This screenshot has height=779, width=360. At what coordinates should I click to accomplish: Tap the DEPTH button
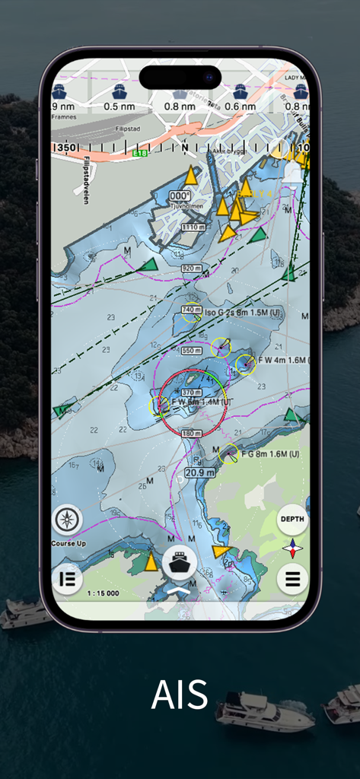[292, 519]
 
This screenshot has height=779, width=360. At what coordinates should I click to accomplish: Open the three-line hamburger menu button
[292, 579]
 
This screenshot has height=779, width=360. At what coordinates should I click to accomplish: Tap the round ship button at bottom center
[180, 562]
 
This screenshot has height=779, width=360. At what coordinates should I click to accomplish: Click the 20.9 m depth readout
[199, 472]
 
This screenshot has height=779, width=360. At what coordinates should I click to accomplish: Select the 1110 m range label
[193, 227]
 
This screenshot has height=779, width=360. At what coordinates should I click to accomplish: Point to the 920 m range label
[192, 269]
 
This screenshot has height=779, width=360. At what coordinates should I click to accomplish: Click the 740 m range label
[192, 310]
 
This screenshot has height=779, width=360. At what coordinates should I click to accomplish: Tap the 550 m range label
[192, 351]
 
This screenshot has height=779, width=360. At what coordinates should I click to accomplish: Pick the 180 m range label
[192, 434]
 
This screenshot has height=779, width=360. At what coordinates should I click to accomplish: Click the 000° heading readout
[180, 196]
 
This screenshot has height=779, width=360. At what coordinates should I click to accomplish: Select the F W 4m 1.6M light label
[281, 360]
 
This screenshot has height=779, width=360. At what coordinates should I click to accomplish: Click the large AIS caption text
[180, 694]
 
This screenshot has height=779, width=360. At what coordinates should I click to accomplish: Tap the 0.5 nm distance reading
[119, 107]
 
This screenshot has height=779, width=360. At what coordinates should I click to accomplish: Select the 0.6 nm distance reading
[241, 107]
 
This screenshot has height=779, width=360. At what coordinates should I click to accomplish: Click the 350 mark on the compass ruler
[67, 148]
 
